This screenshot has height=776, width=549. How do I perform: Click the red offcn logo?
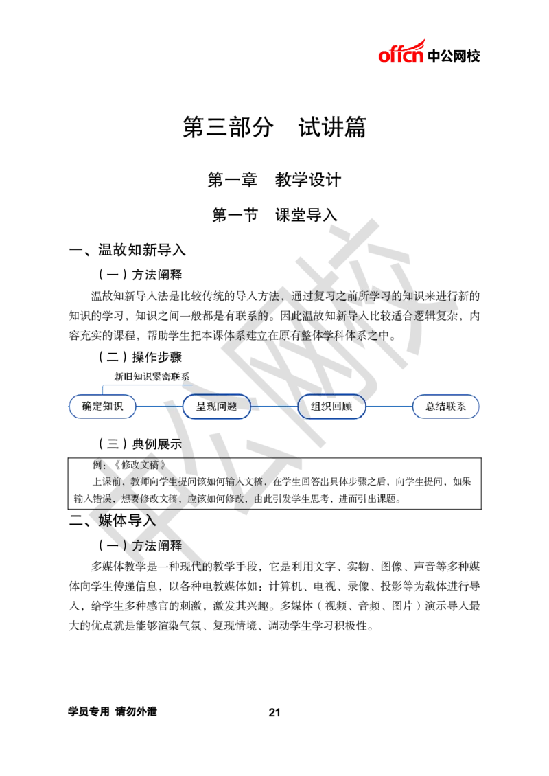[401, 52]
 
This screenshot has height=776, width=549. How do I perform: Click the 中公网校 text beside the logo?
[454, 56]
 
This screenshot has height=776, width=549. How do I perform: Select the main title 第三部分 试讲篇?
[274, 127]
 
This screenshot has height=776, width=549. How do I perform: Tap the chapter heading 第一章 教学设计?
[274, 180]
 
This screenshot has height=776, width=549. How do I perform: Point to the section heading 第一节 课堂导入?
[274, 215]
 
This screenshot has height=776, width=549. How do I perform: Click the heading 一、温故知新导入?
[127, 250]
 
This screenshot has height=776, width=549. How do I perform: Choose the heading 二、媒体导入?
[113, 521]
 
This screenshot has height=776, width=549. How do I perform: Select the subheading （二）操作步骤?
[140, 357]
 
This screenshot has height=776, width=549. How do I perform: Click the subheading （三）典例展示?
[140, 444]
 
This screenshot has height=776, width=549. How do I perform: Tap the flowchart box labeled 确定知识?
[102, 407]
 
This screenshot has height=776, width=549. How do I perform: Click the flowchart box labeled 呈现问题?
[217, 407]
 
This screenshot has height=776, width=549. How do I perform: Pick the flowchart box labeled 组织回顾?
[331, 407]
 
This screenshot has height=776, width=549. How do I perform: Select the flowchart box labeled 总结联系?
[445, 407]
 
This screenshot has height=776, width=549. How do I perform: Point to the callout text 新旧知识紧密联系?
[152, 376]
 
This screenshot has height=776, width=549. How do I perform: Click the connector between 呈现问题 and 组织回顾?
[274, 407]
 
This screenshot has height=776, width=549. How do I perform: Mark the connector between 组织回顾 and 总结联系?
[388, 407]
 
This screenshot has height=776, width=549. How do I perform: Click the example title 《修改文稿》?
[139, 465]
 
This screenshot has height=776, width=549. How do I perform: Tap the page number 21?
[274, 712]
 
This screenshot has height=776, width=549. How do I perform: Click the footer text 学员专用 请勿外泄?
[113, 711]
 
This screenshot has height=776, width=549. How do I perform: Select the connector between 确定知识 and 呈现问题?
[159, 407]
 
